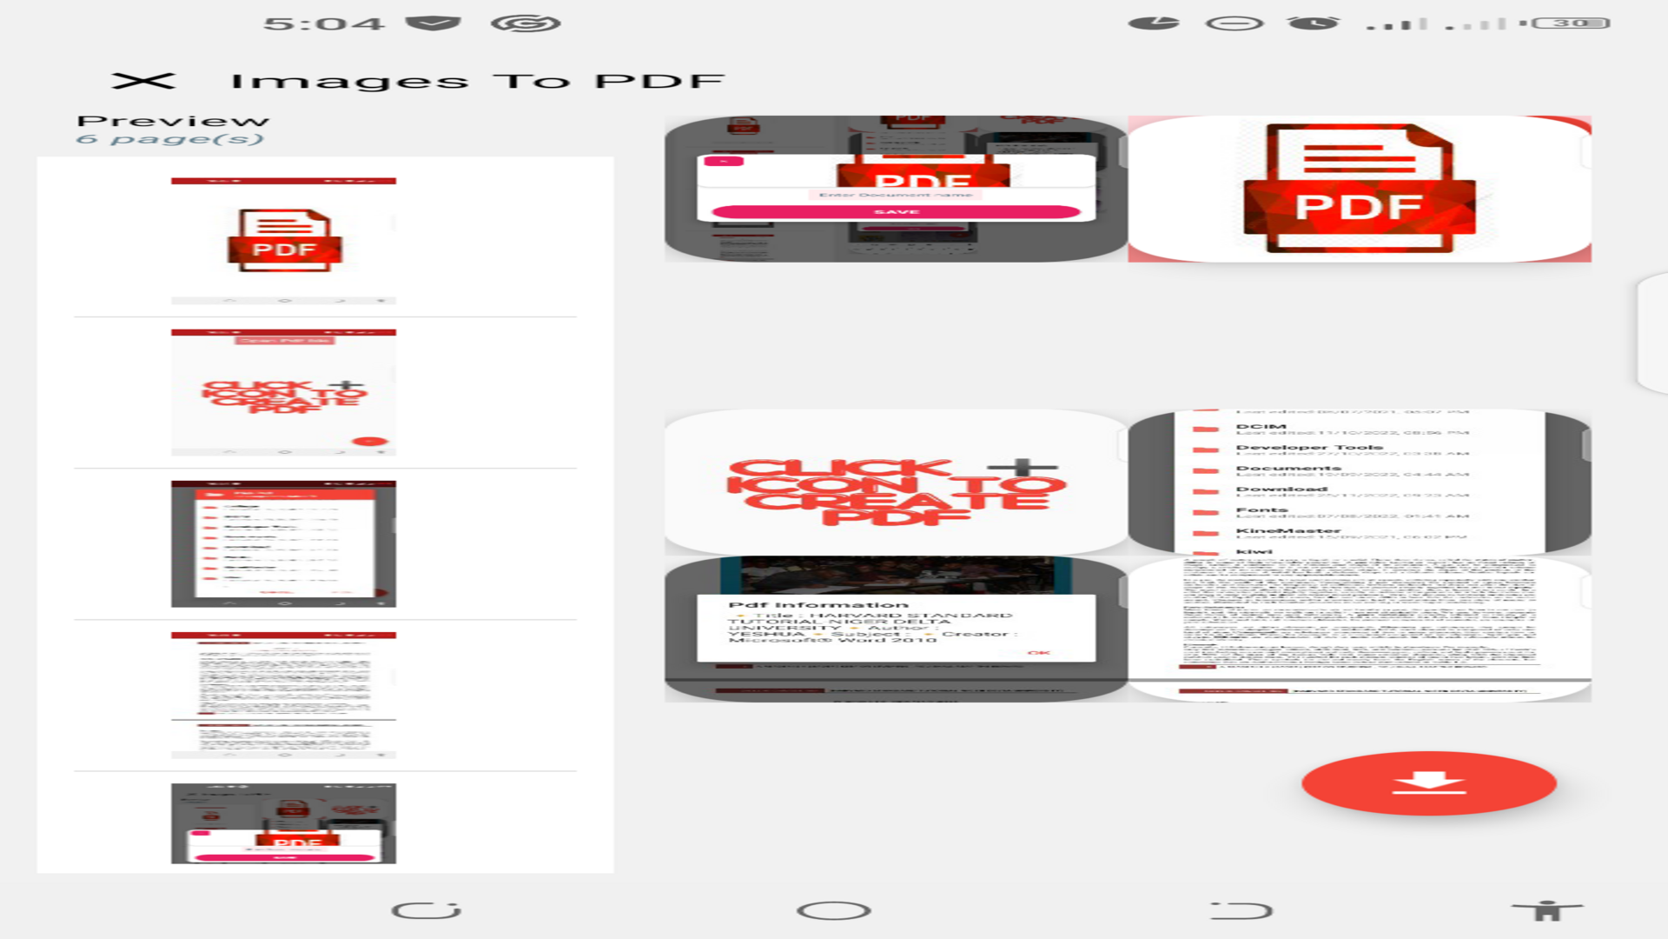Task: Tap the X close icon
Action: pyautogui.click(x=143, y=81)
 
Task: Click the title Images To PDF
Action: pyautogui.click(x=477, y=82)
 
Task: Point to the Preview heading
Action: pyautogui.click(x=173, y=121)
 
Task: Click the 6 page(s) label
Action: pyautogui.click(x=169, y=139)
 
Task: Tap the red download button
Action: pyautogui.click(x=1428, y=783)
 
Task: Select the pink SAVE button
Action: pyautogui.click(x=896, y=211)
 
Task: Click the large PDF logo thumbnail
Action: pyautogui.click(x=1359, y=189)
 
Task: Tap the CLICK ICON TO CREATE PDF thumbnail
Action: pyautogui.click(x=895, y=483)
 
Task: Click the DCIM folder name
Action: pyautogui.click(x=1261, y=427)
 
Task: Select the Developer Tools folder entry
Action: pyautogui.click(x=1309, y=448)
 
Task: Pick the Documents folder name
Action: pyautogui.click(x=1288, y=469)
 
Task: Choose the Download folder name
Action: pyautogui.click(x=1281, y=489)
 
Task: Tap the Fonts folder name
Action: pyautogui.click(x=1261, y=510)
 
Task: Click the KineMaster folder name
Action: pyautogui.click(x=1288, y=531)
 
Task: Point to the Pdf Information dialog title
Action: pyautogui.click(x=818, y=605)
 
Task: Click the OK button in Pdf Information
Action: pyautogui.click(x=1038, y=652)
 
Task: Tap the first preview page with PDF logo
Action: pyautogui.click(x=283, y=241)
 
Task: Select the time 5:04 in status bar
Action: pyautogui.click(x=323, y=23)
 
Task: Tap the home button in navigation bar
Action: pyautogui.click(x=833, y=910)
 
